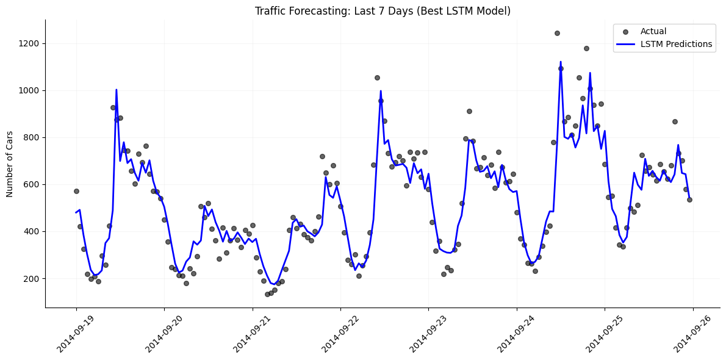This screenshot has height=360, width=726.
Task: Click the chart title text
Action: click(383, 11)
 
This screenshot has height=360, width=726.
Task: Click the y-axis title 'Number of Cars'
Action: click(10, 164)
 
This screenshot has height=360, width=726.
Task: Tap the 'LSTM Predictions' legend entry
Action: click(676, 44)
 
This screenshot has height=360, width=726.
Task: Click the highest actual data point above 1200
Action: click(557, 33)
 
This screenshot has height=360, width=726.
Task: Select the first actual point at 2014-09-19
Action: click(76, 191)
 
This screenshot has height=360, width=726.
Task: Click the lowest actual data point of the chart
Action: click(267, 294)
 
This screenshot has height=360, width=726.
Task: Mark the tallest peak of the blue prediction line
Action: click(561, 62)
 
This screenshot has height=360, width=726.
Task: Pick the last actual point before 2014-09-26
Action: click(689, 200)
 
